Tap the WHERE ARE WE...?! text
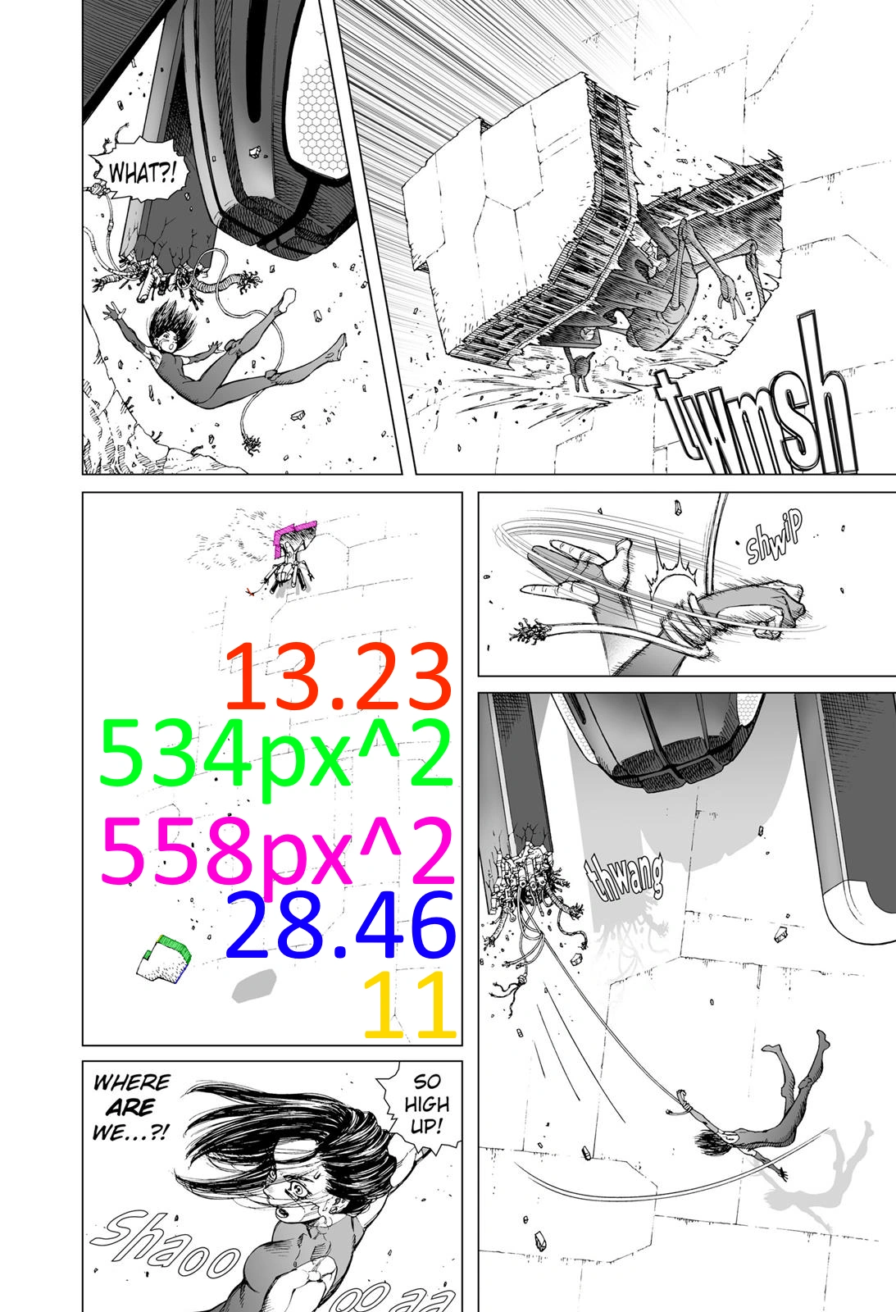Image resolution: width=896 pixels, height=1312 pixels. click(x=132, y=1108)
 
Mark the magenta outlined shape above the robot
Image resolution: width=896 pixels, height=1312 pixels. click(x=295, y=534)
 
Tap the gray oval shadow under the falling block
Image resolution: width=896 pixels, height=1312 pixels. click(x=254, y=985)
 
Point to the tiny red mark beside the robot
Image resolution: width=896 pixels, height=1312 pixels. click(x=251, y=591)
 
